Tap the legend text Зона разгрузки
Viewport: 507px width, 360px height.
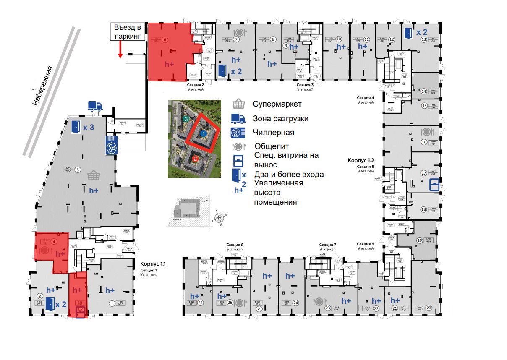[280, 119]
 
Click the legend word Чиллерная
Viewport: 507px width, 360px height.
[273, 133]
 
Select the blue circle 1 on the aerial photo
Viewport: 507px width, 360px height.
[204, 133]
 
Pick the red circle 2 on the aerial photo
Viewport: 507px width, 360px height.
[195, 158]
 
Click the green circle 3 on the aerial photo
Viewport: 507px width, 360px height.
[186, 119]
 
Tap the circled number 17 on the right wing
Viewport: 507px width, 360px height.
[424, 173]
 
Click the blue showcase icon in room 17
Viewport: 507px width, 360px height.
[434, 185]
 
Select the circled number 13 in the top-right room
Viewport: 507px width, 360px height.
[424, 40]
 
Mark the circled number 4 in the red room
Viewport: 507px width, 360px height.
[54, 242]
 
